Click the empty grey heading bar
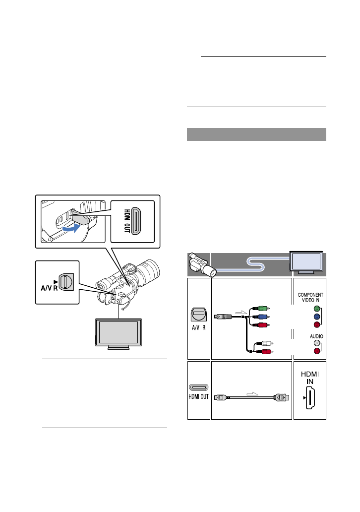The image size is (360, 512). pos(256,134)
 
